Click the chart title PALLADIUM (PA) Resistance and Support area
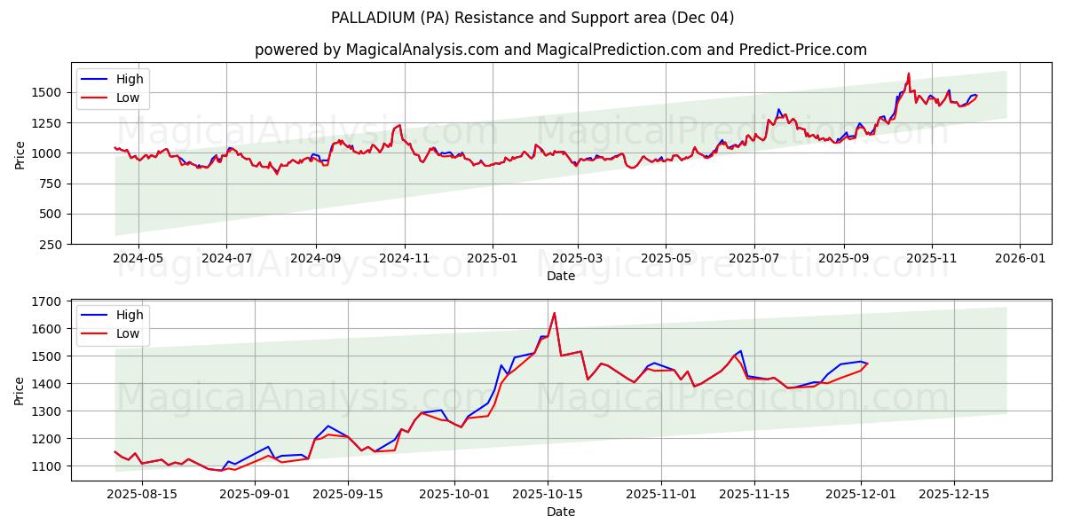[x=532, y=18]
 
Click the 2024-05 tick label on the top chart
[x=138, y=259]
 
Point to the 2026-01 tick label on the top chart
[x=1019, y=259]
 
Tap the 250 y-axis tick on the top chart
[x=51, y=245]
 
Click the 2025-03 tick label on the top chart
[x=578, y=259]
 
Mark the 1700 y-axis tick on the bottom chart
[x=46, y=301]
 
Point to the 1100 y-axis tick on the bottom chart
[x=46, y=466]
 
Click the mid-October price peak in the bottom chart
[x=554, y=313]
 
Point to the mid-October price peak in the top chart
[x=909, y=74]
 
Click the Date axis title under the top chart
[x=560, y=276]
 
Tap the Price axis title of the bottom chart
[x=20, y=390]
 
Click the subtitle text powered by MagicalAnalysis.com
[x=560, y=50]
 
